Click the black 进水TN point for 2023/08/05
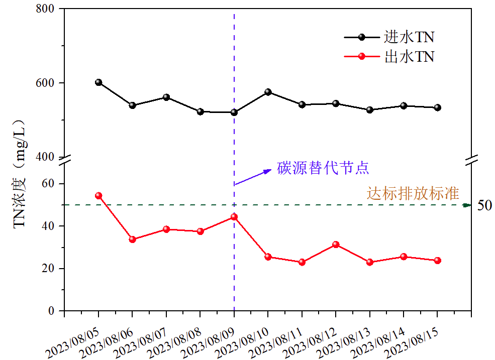(x=98, y=82)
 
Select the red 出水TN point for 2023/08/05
(x=98, y=196)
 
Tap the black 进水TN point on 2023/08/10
(x=268, y=92)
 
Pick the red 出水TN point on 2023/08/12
(x=336, y=245)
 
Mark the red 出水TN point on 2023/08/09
(x=234, y=217)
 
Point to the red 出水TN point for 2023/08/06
(x=133, y=239)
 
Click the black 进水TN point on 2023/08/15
(x=437, y=107)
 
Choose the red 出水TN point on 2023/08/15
(x=437, y=261)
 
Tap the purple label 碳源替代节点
(x=323, y=168)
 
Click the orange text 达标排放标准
(x=413, y=193)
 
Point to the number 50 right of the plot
(x=484, y=205)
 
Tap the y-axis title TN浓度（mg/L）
(x=20, y=173)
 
